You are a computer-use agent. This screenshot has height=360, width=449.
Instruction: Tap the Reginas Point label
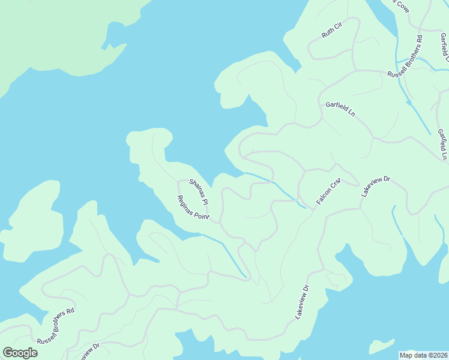point(192,208)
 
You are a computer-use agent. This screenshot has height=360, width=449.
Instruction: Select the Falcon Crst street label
point(328,191)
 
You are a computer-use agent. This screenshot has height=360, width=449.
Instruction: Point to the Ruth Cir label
point(331,31)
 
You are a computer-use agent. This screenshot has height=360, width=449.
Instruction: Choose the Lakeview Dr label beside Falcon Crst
point(376,187)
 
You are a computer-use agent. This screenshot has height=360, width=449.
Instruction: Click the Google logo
point(20,353)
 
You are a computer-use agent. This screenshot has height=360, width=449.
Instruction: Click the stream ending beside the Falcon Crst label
point(276,185)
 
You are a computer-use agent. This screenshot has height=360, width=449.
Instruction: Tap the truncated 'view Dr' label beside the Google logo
point(86,352)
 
